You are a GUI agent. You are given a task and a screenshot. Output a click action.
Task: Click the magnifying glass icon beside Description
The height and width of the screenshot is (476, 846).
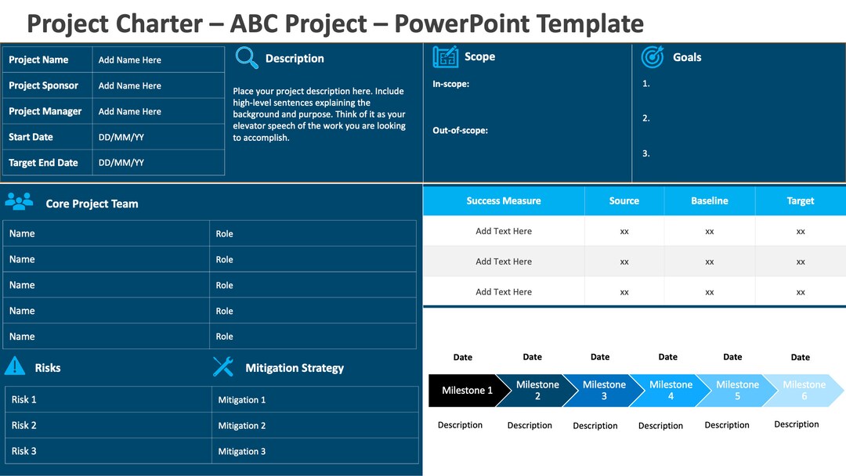247,58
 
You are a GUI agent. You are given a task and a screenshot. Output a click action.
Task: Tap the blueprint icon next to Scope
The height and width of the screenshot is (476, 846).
446,56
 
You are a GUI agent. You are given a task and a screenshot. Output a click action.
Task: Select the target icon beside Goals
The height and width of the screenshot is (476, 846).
653,56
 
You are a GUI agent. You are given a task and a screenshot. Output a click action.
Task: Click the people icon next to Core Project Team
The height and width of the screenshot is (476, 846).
19,202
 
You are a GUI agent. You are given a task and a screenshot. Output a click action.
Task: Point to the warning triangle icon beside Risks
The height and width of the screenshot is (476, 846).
15,366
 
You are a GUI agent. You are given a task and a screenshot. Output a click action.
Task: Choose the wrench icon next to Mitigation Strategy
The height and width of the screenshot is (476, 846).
223,366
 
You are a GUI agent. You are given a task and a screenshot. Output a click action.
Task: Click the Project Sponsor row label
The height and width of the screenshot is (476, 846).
44,85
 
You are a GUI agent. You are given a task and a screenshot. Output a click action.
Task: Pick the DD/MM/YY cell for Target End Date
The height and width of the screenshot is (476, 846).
121,163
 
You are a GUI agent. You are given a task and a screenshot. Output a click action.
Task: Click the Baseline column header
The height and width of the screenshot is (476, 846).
709,201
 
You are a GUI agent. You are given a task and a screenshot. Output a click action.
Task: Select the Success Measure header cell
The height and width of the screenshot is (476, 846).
504,201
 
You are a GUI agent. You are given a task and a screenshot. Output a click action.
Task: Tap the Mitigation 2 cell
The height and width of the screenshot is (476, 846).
242,426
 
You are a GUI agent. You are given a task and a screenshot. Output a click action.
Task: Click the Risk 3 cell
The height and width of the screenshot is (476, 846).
24,451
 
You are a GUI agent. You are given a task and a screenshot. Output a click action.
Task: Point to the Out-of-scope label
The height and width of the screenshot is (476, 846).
460,131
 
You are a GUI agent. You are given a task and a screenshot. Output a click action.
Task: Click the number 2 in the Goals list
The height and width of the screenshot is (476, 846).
646,118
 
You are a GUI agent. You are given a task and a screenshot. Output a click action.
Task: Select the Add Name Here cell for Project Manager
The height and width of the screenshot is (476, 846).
130,111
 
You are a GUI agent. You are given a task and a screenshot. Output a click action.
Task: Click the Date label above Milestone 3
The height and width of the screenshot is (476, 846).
600,357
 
